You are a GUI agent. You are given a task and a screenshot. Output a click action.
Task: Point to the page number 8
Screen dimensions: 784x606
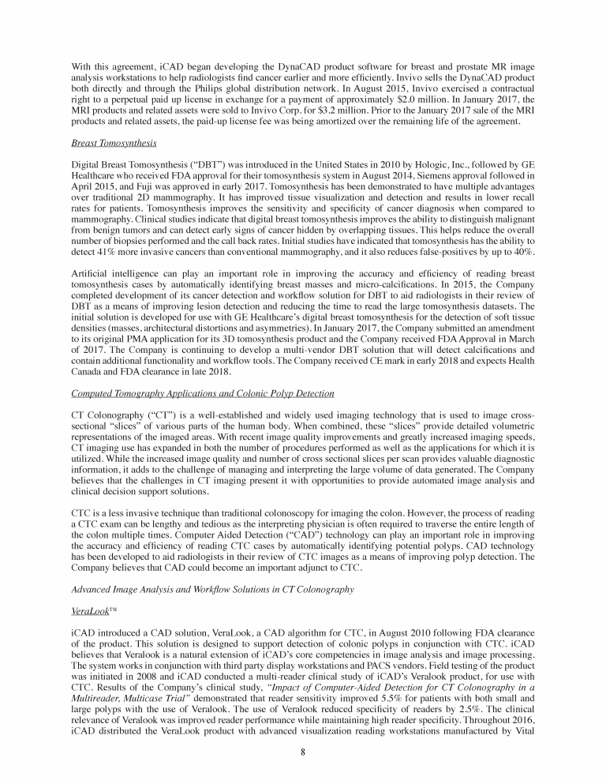tap(303, 751)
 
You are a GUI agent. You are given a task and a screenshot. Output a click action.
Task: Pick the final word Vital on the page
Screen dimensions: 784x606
tap(524, 729)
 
